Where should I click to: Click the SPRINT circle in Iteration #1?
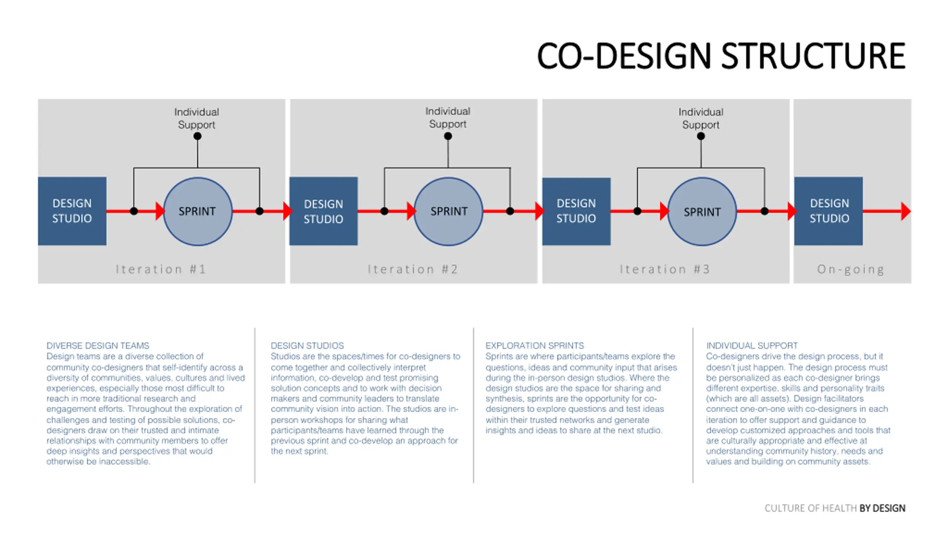(x=197, y=211)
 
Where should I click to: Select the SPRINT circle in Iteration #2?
(x=448, y=211)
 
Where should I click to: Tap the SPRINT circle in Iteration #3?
(x=702, y=212)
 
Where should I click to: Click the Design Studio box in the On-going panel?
(x=828, y=211)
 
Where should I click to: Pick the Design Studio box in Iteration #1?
(x=72, y=211)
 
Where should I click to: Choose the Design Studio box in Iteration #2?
(x=323, y=211)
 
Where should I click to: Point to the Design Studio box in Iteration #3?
(x=576, y=211)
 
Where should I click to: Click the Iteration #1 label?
(x=161, y=269)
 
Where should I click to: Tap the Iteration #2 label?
(x=413, y=269)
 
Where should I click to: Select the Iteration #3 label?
(x=665, y=269)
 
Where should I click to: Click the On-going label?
(x=851, y=269)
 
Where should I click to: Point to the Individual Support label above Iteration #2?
(x=447, y=117)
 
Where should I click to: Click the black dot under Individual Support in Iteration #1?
(x=197, y=136)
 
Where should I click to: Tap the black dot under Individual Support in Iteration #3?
(x=701, y=136)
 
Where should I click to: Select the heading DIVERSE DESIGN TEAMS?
(x=98, y=345)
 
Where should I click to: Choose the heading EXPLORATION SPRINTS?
(x=534, y=345)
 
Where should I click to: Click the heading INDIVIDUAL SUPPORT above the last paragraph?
(x=751, y=345)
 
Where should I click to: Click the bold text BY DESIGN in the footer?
(x=882, y=508)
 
